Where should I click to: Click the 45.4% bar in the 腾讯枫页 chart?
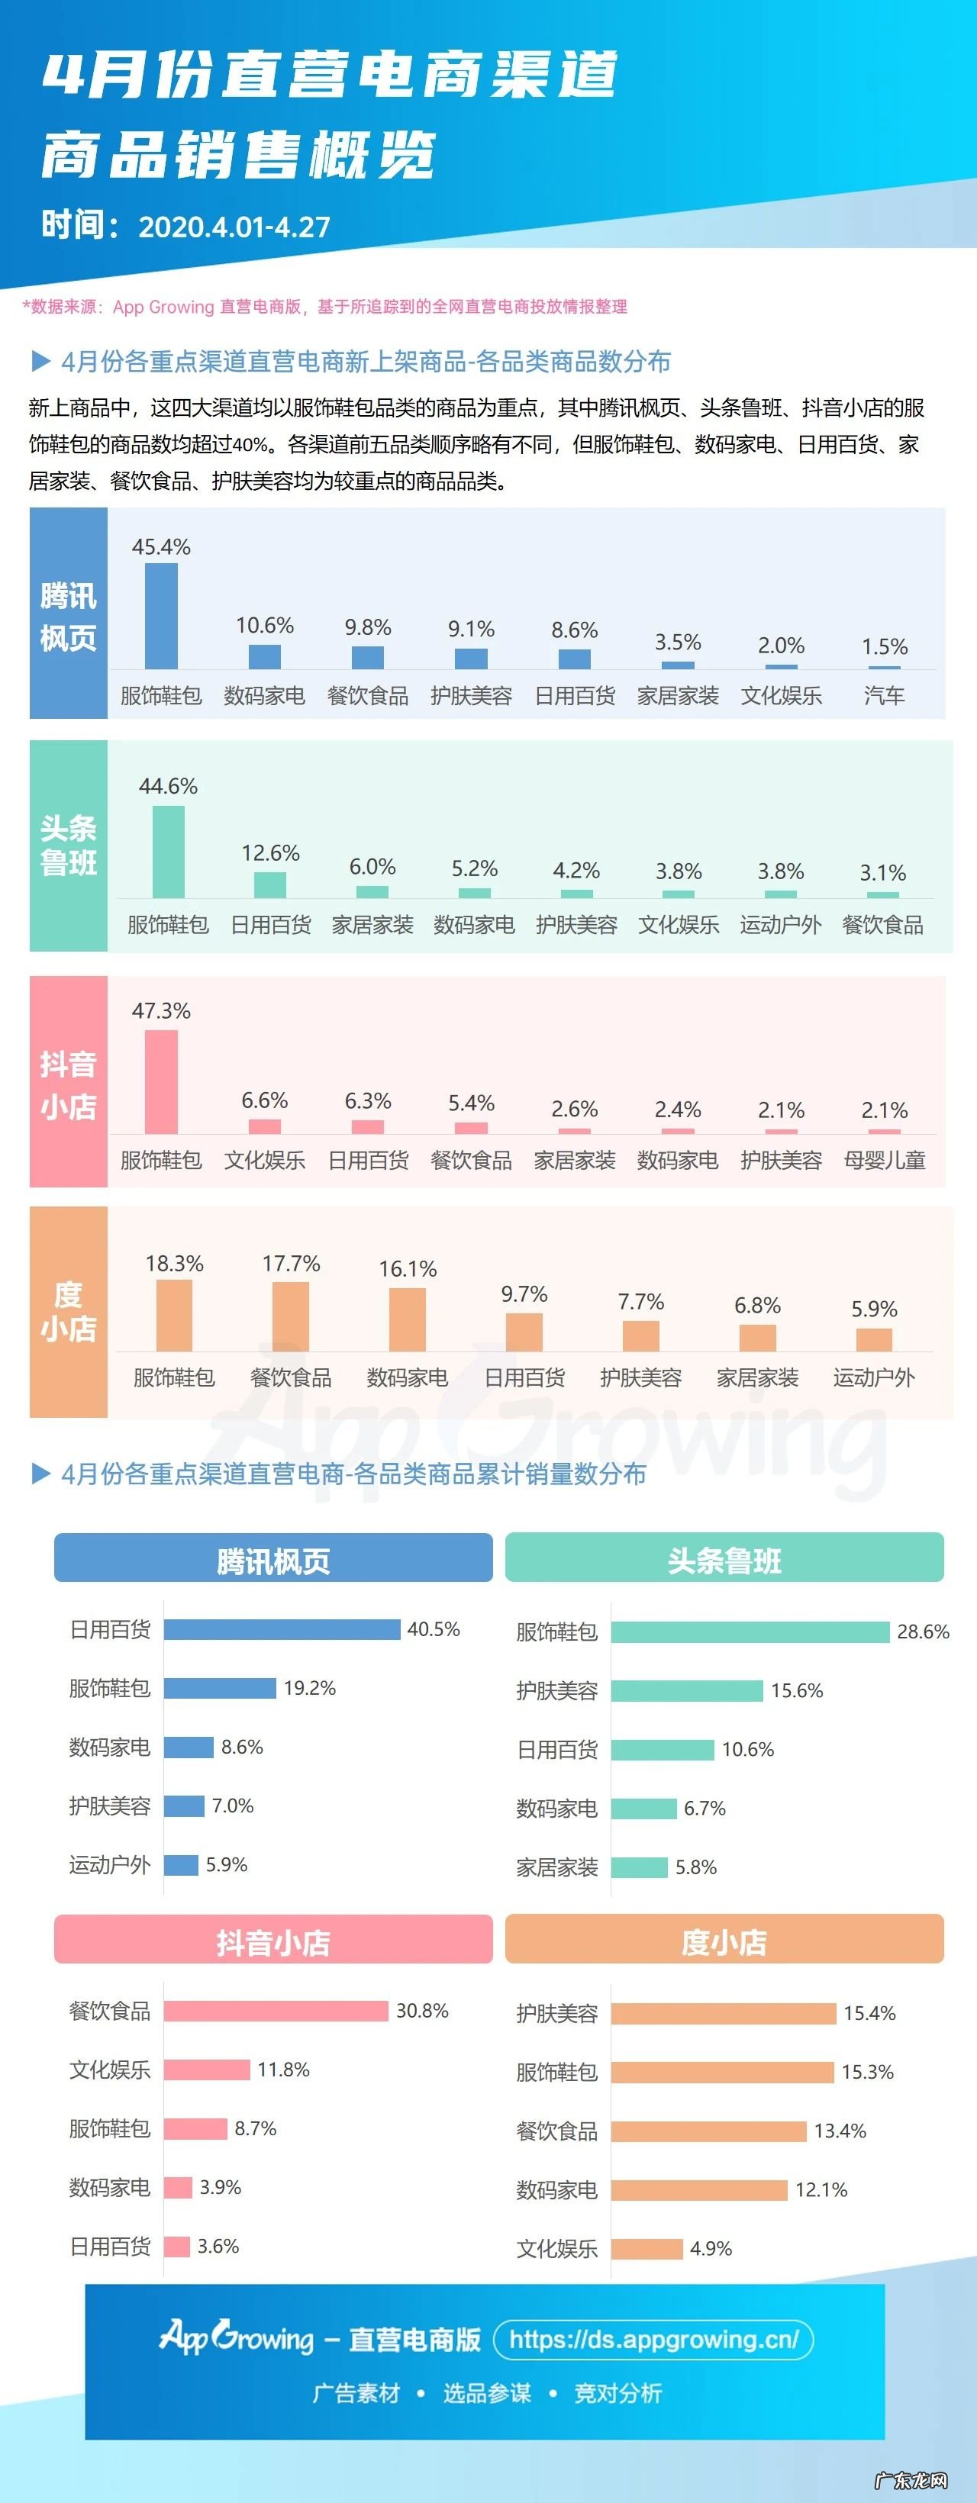tap(161, 616)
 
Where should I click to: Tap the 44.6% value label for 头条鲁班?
tap(168, 785)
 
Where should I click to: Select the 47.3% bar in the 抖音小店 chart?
tap(161, 1081)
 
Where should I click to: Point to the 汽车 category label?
tap(884, 696)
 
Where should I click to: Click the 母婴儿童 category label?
tap(884, 1160)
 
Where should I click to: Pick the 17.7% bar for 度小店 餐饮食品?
tap(291, 1316)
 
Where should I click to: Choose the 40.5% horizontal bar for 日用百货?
tap(282, 1629)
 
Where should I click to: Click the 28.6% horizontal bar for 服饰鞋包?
tap(750, 1632)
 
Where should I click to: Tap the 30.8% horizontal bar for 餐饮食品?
tap(276, 2010)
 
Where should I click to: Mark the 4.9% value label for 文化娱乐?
tap(711, 2248)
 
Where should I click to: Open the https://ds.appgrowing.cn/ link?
tap(653, 2340)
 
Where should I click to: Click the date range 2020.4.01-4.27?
tap(234, 227)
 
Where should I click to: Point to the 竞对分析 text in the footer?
tap(618, 2392)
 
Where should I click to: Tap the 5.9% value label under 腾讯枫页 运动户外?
tap(227, 1864)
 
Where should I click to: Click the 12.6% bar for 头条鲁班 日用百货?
tap(270, 884)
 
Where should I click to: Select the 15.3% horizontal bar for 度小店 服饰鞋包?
tap(722, 2072)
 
